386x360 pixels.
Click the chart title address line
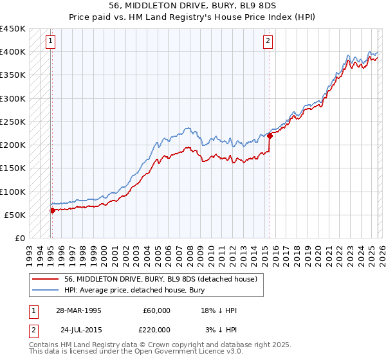tap(193, 5)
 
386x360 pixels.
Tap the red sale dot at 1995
tap(52, 210)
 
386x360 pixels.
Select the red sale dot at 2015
tap(270, 136)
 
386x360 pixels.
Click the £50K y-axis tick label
tap(15, 215)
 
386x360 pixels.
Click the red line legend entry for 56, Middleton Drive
tap(161, 279)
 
